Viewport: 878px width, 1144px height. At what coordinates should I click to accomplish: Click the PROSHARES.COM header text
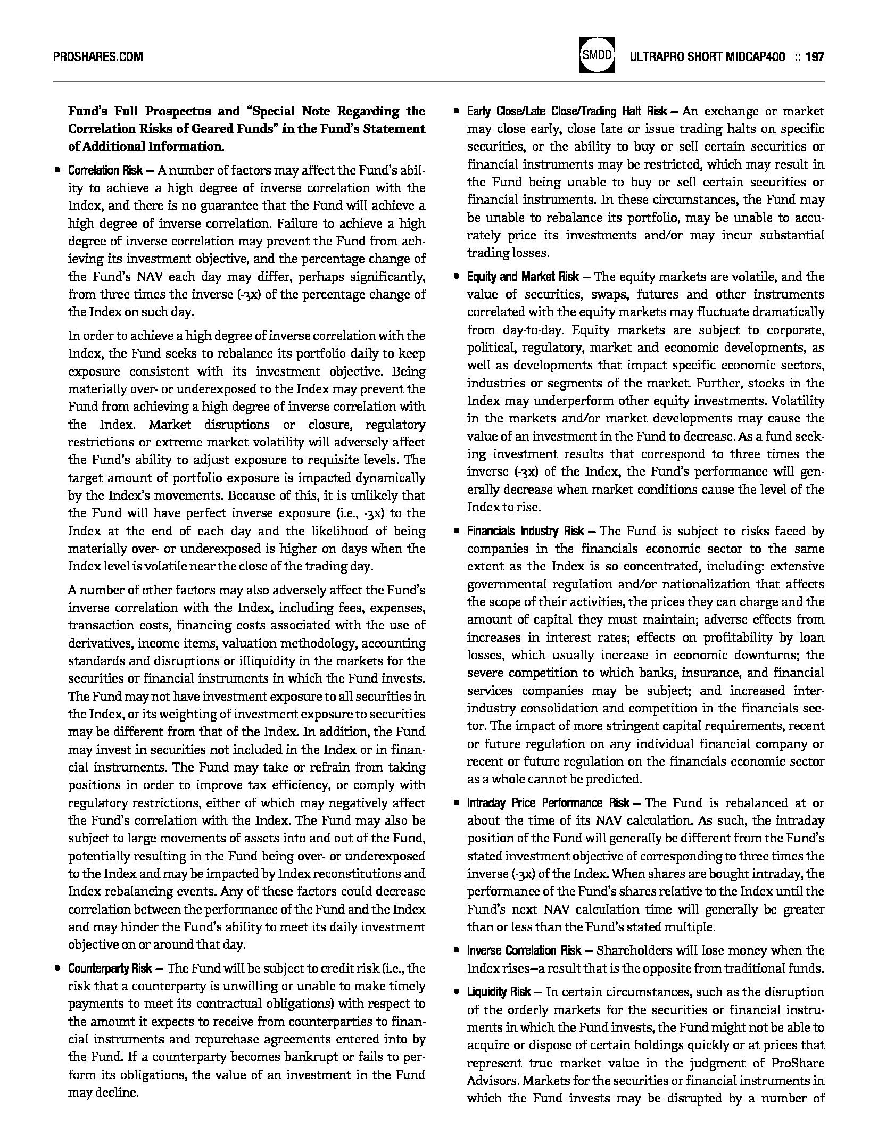tap(98, 56)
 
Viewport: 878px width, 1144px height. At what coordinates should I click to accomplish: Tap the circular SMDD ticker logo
tap(597, 55)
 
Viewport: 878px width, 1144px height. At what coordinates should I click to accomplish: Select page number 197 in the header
tap(815, 56)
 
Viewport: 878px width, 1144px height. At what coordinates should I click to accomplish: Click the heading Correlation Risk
tap(105, 170)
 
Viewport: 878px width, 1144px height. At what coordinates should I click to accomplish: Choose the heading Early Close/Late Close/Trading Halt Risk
tap(567, 112)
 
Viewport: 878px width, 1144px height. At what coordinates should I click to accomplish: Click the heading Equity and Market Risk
tap(523, 277)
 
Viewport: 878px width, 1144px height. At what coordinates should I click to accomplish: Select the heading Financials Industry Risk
tap(525, 531)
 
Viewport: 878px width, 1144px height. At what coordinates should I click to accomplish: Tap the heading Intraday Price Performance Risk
tap(548, 803)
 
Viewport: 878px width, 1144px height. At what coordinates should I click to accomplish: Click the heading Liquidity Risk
tap(499, 992)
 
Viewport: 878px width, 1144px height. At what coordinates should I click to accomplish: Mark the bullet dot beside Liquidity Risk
tap(456, 992)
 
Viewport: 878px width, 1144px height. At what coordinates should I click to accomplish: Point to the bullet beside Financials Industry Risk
tap(456, 532)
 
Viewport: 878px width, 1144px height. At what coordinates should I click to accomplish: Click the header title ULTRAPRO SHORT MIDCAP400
tap(707, 56)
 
